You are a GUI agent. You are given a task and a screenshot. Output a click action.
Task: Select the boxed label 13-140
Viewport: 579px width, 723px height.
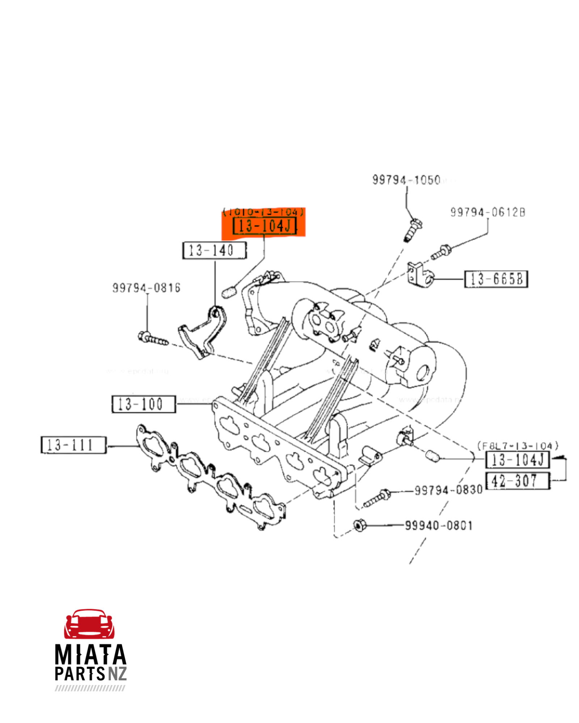[214, 250]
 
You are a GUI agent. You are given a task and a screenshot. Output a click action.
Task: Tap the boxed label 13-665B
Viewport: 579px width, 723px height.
[496, 279]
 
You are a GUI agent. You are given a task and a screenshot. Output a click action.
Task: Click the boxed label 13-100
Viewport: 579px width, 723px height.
[143, 404]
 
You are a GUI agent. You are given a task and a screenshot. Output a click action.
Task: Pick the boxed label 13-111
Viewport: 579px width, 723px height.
[73, 445]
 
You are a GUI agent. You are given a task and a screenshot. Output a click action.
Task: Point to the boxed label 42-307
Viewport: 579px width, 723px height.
[517, 481]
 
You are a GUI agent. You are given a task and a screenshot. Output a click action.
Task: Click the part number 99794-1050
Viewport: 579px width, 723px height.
[406, 180]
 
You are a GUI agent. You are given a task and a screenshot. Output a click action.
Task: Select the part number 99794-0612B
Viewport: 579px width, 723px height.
[487, 212]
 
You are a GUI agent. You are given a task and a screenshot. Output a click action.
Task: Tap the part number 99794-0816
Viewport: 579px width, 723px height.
[146, 288]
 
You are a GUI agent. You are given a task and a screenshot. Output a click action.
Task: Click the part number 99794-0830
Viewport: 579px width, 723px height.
[448, 490]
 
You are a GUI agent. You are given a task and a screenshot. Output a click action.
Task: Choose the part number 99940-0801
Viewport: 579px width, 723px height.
[439, 525]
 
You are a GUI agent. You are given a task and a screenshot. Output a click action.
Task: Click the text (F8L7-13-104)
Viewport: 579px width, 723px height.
[517, 445]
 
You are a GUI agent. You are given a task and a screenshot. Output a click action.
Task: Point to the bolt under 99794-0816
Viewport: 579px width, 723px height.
[153, 338]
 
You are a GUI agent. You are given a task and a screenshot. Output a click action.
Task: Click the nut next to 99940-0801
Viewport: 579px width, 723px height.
[359, 525]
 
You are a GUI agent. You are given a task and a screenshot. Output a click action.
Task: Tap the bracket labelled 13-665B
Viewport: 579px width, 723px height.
[420, 275]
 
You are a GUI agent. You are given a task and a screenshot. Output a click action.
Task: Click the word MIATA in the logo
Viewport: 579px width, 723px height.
[90, 655]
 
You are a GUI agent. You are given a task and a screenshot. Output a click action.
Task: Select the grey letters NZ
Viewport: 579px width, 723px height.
[117, 673]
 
